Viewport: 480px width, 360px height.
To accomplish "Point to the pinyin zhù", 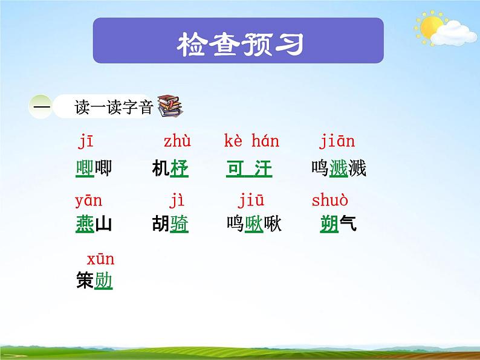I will (177, 143).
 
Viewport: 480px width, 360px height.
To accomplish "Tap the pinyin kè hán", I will (251, 143).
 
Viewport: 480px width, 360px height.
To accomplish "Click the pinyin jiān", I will (337, 143).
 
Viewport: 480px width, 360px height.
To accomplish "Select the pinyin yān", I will (88, 201).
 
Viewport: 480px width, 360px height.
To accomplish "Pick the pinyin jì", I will (177, 201).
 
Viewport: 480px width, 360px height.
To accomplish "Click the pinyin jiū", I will (251, 201).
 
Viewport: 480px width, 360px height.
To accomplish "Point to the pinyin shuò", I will (330, 201).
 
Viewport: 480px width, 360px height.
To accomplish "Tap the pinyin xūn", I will (100, 260).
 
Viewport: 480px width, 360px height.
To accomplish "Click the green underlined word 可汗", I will (249, 169).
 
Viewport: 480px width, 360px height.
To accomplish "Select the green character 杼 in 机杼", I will (180, 169).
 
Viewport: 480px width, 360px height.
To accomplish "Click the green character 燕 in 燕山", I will (85, 225).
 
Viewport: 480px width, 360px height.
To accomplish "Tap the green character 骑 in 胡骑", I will (180, 225).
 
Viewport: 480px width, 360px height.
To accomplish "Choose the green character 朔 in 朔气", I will (329, 225).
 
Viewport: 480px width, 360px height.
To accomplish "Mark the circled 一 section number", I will (41, 106).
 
